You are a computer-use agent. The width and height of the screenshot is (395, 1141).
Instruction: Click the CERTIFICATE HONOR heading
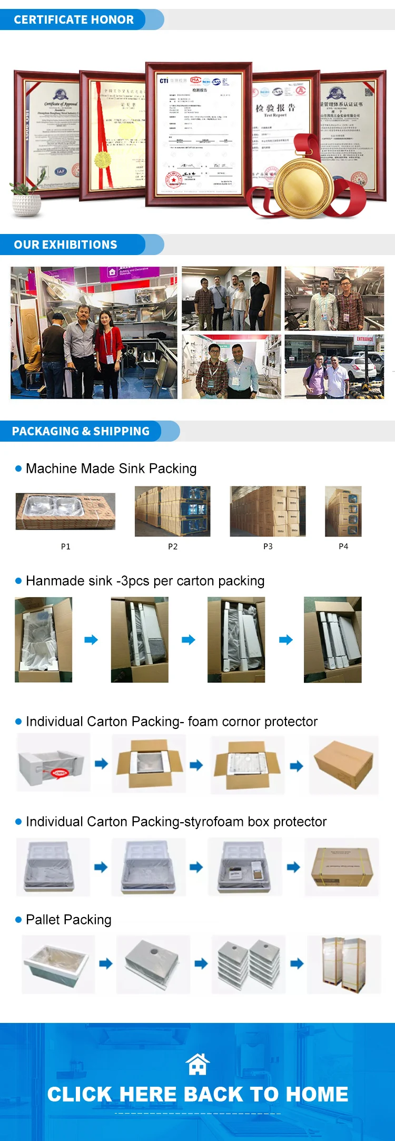[74, 20]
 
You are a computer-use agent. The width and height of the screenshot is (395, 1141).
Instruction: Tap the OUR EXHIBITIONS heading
[66, 245]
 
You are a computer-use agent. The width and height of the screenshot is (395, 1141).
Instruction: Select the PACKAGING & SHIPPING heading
[81, 432]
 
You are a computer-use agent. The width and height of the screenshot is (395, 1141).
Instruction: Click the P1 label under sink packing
[66, 547]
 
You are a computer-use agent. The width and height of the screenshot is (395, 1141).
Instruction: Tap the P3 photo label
[268, 547]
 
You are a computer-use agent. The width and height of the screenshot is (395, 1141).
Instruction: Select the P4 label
[343, 547]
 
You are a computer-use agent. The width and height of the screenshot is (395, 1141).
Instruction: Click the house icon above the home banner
[198, 1064]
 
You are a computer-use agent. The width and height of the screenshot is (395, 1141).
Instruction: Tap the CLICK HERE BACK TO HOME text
[197, 1095]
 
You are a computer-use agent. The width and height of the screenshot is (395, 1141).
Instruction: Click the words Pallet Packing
[68, 920]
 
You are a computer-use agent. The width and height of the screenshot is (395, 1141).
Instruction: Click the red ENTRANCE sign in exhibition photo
[364, 339]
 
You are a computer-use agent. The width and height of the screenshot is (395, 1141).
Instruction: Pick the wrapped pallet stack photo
[344, 965]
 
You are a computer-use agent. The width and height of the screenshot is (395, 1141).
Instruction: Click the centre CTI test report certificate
[199, 134]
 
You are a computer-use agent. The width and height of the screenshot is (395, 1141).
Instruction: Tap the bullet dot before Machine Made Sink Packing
[18, 469]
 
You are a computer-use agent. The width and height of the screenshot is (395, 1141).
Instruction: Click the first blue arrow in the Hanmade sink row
[91, 640]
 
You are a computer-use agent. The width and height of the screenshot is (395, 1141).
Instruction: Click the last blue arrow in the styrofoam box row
[293, 867]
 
